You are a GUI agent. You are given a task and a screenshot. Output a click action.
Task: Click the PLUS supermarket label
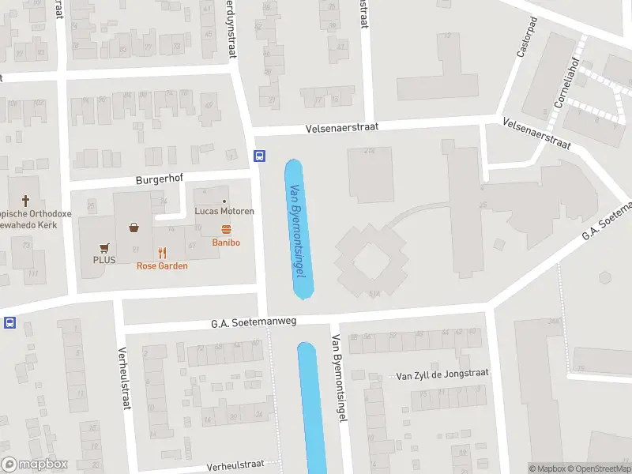pyautogui.click(x=104, y=259)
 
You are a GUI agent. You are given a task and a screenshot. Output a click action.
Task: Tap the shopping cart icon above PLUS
pyautogui.click(x=103, y=246)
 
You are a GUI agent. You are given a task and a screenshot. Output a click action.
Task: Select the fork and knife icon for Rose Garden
pyautogui.click(x=162, y=253)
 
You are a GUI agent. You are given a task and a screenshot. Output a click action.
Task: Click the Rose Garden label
pyautogui.click(x=162, y=266)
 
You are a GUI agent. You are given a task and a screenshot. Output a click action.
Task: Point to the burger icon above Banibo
pyautogui.click(x=226, y=230)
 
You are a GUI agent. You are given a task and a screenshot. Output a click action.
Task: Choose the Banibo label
pyautogui.click(x=226, y=243)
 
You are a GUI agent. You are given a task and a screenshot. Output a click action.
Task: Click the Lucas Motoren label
pyautogui.click(x=224, y=212)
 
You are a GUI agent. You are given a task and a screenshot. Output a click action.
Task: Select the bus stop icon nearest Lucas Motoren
pyautogui.click(x=259, y=156)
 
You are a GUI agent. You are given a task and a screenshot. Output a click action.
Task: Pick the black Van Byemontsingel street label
pyautogui.click(x=338, y=379)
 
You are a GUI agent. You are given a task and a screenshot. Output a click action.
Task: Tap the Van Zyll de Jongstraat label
pyautogui.click(x=442, y=374)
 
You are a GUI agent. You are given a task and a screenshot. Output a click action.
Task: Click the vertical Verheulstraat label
pyautogui.click(x=124, y=379)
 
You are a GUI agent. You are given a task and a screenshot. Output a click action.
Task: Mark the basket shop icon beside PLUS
pyautogui.click(x=134, y=228)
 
